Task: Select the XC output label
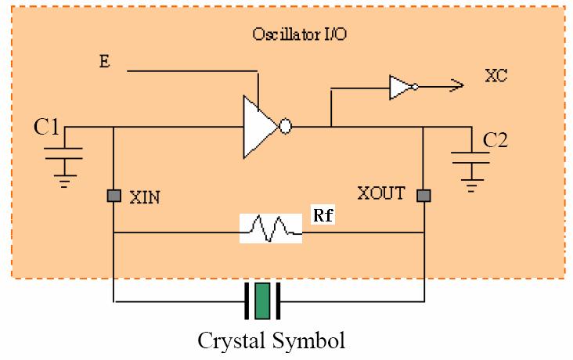[496, 76]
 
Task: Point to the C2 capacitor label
[496, 140]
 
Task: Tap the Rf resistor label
[323, 216]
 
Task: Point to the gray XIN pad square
[114, 195]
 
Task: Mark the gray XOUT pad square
[423, 195]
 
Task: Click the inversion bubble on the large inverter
[286, 126]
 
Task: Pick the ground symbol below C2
[471, 186]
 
